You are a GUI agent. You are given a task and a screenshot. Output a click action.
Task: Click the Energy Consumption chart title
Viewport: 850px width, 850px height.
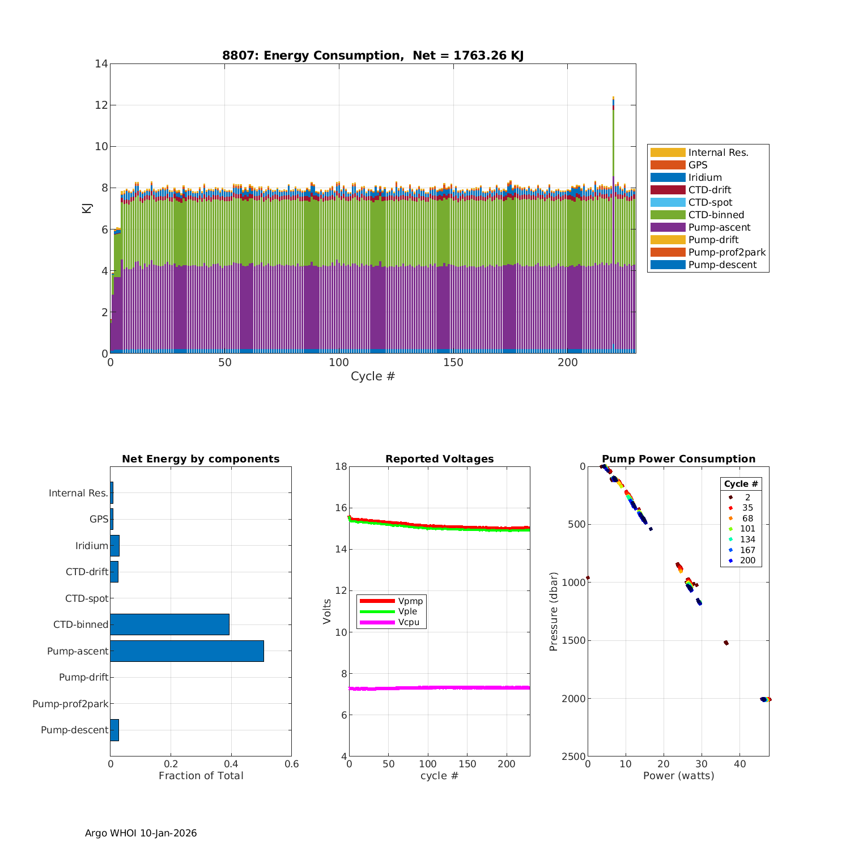click(x=372, y=56)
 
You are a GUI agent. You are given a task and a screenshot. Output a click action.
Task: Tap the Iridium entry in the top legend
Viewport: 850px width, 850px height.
click(x=705, y=177)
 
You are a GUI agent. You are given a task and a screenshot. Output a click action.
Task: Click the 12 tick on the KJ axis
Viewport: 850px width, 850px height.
click(x=101, y=105)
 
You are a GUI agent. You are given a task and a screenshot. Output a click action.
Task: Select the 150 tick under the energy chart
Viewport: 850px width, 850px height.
click(x=453, y=363)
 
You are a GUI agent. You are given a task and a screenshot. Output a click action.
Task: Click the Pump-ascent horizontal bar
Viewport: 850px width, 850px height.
click(x=187, y=651)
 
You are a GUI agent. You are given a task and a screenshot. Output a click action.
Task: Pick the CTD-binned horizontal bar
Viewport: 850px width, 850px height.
click(x=169, y=624)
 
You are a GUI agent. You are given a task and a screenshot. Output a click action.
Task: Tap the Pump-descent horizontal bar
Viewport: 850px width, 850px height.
click(x=114, y=730)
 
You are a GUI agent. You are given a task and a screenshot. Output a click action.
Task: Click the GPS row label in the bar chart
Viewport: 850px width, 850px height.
click(x=99, y=519)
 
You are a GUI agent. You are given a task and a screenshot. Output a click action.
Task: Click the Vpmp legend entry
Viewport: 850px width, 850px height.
click(x=410, y=601)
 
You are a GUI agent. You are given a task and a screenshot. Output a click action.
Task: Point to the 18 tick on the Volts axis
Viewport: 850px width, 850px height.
click(x=341, y=466)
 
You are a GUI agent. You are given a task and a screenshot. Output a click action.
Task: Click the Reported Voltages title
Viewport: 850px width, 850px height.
click(x=439, y=459)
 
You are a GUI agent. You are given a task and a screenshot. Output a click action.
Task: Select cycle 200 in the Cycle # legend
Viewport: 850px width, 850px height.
click(x=747, y=560)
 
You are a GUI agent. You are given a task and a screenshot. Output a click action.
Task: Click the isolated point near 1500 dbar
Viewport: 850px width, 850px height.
click(x=726, y=643)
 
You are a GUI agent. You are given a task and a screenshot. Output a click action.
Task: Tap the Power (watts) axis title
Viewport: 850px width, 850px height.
click(x=678, y=776)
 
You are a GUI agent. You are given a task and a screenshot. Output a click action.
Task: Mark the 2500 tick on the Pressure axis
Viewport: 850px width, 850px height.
click(x=573, y=756)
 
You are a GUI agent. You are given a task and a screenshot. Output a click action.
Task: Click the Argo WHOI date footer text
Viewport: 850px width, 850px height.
click(x=141, y=833)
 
